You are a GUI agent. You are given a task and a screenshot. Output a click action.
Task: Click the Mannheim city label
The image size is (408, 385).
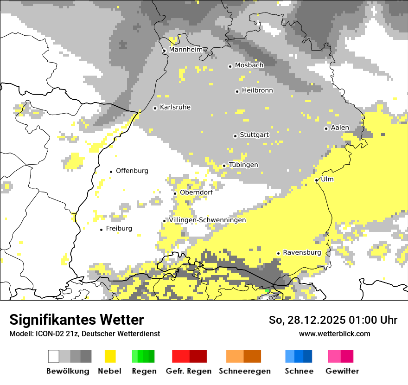click(186, 50)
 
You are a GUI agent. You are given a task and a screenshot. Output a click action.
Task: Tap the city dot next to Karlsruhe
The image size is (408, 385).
click(155, 108)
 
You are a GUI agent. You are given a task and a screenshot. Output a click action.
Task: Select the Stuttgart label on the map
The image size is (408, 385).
click(254, 135)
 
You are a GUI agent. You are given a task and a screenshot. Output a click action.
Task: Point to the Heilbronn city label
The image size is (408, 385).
click(257, 90)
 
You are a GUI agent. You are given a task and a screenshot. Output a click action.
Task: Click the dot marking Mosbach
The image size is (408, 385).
click(230, 66)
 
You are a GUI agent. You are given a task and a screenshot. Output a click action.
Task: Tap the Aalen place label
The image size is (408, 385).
click(340, 128)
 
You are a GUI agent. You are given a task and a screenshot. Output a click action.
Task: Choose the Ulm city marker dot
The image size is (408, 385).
click(316, 180)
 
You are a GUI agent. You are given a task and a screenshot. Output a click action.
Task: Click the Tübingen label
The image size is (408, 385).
click(243, 165)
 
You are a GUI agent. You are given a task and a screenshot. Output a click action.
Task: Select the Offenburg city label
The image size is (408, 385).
click(132, 171)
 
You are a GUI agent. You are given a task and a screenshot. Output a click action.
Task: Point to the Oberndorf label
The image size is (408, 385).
click(196, 192)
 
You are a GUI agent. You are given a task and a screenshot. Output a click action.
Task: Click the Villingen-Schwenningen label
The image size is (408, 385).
click(207, 220)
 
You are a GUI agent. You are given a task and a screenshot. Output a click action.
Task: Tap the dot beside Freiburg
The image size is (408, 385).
click(101, 230)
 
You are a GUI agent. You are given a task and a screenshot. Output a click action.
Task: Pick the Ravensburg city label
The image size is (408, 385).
click(302, 252)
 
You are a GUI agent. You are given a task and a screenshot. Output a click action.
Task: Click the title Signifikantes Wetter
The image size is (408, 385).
click(76, 320)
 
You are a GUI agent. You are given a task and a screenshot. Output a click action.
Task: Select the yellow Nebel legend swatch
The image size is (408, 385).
click(110, 356)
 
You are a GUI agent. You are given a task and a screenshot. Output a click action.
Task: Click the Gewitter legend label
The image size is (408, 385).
click(342, 371)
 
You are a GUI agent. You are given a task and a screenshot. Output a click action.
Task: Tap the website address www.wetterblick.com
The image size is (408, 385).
click(334, 334)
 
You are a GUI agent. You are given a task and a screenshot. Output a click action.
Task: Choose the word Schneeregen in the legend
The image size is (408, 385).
click(245, 371)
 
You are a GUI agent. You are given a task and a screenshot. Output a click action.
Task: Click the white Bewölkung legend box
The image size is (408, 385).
click(53, 356)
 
